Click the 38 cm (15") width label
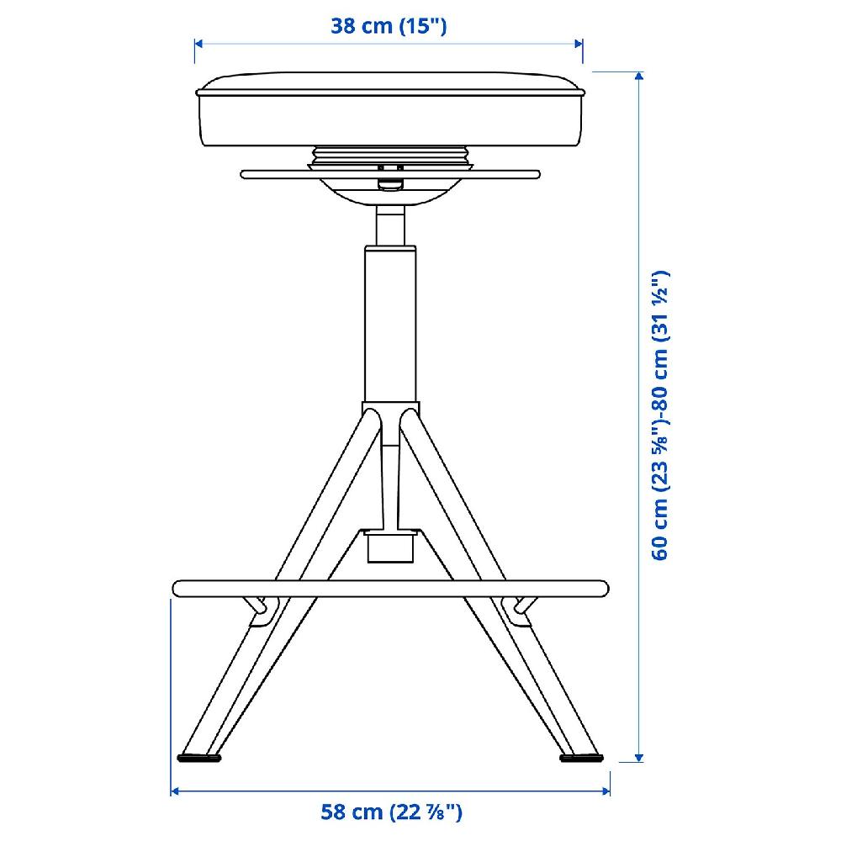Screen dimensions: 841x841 [x=389, y=26]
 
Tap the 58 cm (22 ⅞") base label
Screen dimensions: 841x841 [x=391, y=812]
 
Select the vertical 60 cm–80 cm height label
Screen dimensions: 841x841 [x=660, y=415]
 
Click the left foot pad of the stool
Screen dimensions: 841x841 [x=199, y=758]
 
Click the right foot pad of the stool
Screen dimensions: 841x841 [x=581, y=758]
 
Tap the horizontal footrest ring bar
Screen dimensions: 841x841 [x=390, y=589]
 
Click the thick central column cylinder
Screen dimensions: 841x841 [x=390, y=324]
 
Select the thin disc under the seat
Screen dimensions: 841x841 [x=390, y=174]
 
